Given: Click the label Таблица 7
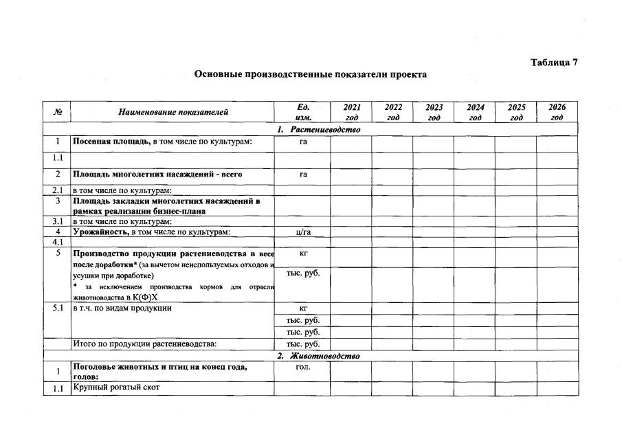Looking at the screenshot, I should tap(554, 63).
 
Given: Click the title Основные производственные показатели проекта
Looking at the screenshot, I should tap(311, 74).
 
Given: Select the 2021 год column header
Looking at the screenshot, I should tap(351, 112).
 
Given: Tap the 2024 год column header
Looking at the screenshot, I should tap(475, 112).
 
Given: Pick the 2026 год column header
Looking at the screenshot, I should tap(557, 112).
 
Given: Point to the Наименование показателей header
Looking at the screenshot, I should tap(173, 112).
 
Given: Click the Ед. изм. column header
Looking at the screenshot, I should tap(303, 112).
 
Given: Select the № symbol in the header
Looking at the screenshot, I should tap(58, 112).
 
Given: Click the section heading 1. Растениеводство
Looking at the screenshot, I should tap(319, 129).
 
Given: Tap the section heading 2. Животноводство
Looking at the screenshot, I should tap(318, 356).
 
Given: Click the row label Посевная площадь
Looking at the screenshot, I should tap(112, 142).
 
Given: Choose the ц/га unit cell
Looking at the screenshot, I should tap(303, 232).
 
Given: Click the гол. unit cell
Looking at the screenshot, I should tap(303, 367).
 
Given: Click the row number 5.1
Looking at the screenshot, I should tap(58, 308).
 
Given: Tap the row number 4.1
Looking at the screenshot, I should tap(58, 242).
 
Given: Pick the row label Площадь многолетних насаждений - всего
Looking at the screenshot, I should tap(157, 175).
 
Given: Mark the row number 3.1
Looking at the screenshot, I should tap(58, 221).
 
